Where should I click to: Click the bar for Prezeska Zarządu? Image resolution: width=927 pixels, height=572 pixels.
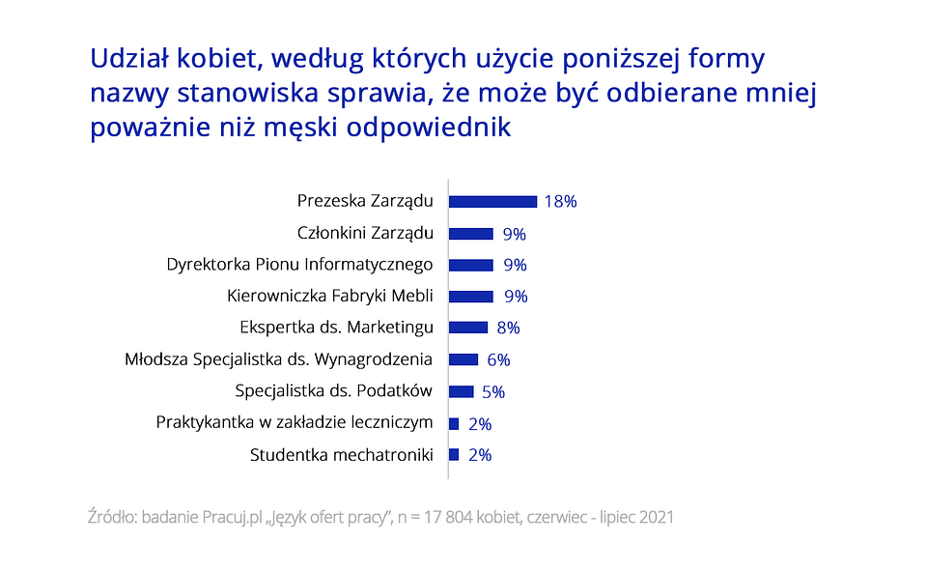click(x=492, y=202)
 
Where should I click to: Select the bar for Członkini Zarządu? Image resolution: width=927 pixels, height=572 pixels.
click(x=471, y=234)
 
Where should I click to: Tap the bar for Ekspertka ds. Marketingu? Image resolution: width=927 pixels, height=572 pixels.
click(x=468, y=328)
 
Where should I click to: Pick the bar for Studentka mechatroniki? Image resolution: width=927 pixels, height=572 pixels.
click(x=454, y=454)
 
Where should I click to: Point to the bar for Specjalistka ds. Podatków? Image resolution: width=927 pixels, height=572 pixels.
click(x=462, y=391)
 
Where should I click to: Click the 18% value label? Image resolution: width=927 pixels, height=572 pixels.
click(x=560, y=202)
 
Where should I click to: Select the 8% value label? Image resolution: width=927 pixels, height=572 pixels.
click(x=508, y=328)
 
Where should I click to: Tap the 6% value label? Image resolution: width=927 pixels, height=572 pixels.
click(x=498, y=359)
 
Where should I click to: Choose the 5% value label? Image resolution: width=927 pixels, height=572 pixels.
click(x=493, y=391)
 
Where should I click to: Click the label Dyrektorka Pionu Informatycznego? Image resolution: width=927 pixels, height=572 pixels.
click(x=299, y=265)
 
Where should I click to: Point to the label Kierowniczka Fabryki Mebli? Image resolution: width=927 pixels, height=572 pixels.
click(x=329, y=296)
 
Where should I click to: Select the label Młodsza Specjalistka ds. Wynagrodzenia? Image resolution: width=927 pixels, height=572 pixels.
click(x=278, y=359)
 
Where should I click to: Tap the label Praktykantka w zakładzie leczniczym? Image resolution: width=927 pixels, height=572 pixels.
click(x=294, y=422)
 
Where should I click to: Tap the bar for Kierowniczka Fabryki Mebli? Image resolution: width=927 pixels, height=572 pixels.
click(x=471, y=297)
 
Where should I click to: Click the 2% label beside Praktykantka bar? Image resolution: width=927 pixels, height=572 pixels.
click(x=479, y=423)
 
